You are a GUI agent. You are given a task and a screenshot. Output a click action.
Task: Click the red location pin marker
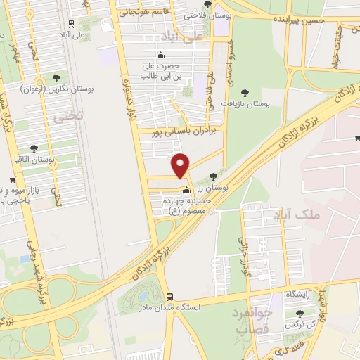[181, 165]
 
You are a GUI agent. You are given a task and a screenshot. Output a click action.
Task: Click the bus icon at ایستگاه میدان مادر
[169, 297]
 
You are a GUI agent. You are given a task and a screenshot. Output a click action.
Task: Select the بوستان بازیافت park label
[246, 103]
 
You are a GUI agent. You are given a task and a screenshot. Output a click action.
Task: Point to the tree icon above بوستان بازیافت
[245, 91]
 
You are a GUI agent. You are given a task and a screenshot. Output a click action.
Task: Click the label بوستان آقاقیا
[36, 160]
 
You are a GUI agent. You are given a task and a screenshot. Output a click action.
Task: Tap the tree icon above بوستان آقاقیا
[34, 148]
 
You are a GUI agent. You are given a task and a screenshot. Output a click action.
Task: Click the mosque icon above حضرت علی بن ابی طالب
[161, 55]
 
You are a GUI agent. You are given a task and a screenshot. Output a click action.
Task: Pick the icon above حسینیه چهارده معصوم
[186, 190]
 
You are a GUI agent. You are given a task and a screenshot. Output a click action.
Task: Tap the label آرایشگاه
[302, 293]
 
